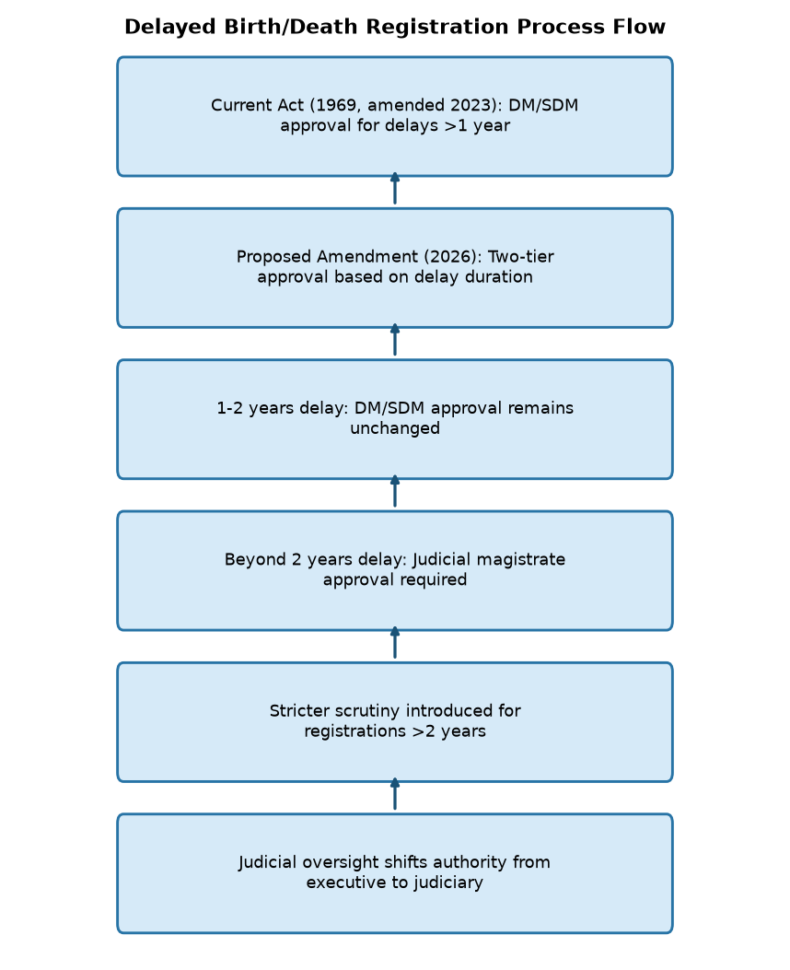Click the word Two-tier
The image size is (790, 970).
(521, 257)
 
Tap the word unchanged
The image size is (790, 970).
(395, 428)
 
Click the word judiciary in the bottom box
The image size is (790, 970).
(448, 882)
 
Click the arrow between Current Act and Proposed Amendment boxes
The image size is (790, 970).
(395, 188)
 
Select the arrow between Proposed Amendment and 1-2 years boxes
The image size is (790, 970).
(395, 340)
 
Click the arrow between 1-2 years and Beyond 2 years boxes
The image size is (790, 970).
(395, 491)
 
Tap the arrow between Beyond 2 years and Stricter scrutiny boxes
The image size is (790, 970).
(395, 643)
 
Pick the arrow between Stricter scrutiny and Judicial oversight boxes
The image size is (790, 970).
(395, 794)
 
